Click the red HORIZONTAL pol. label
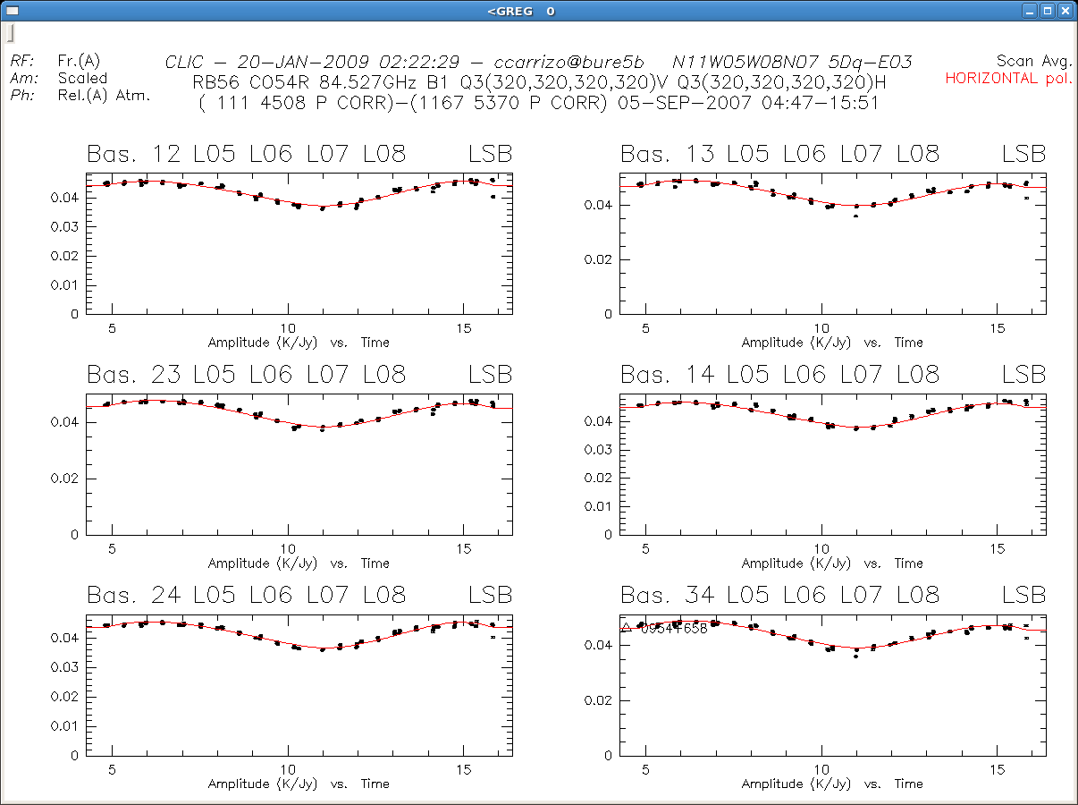[1007, 78]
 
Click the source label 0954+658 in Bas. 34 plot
[673, 629]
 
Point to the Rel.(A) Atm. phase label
[104, 95]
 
